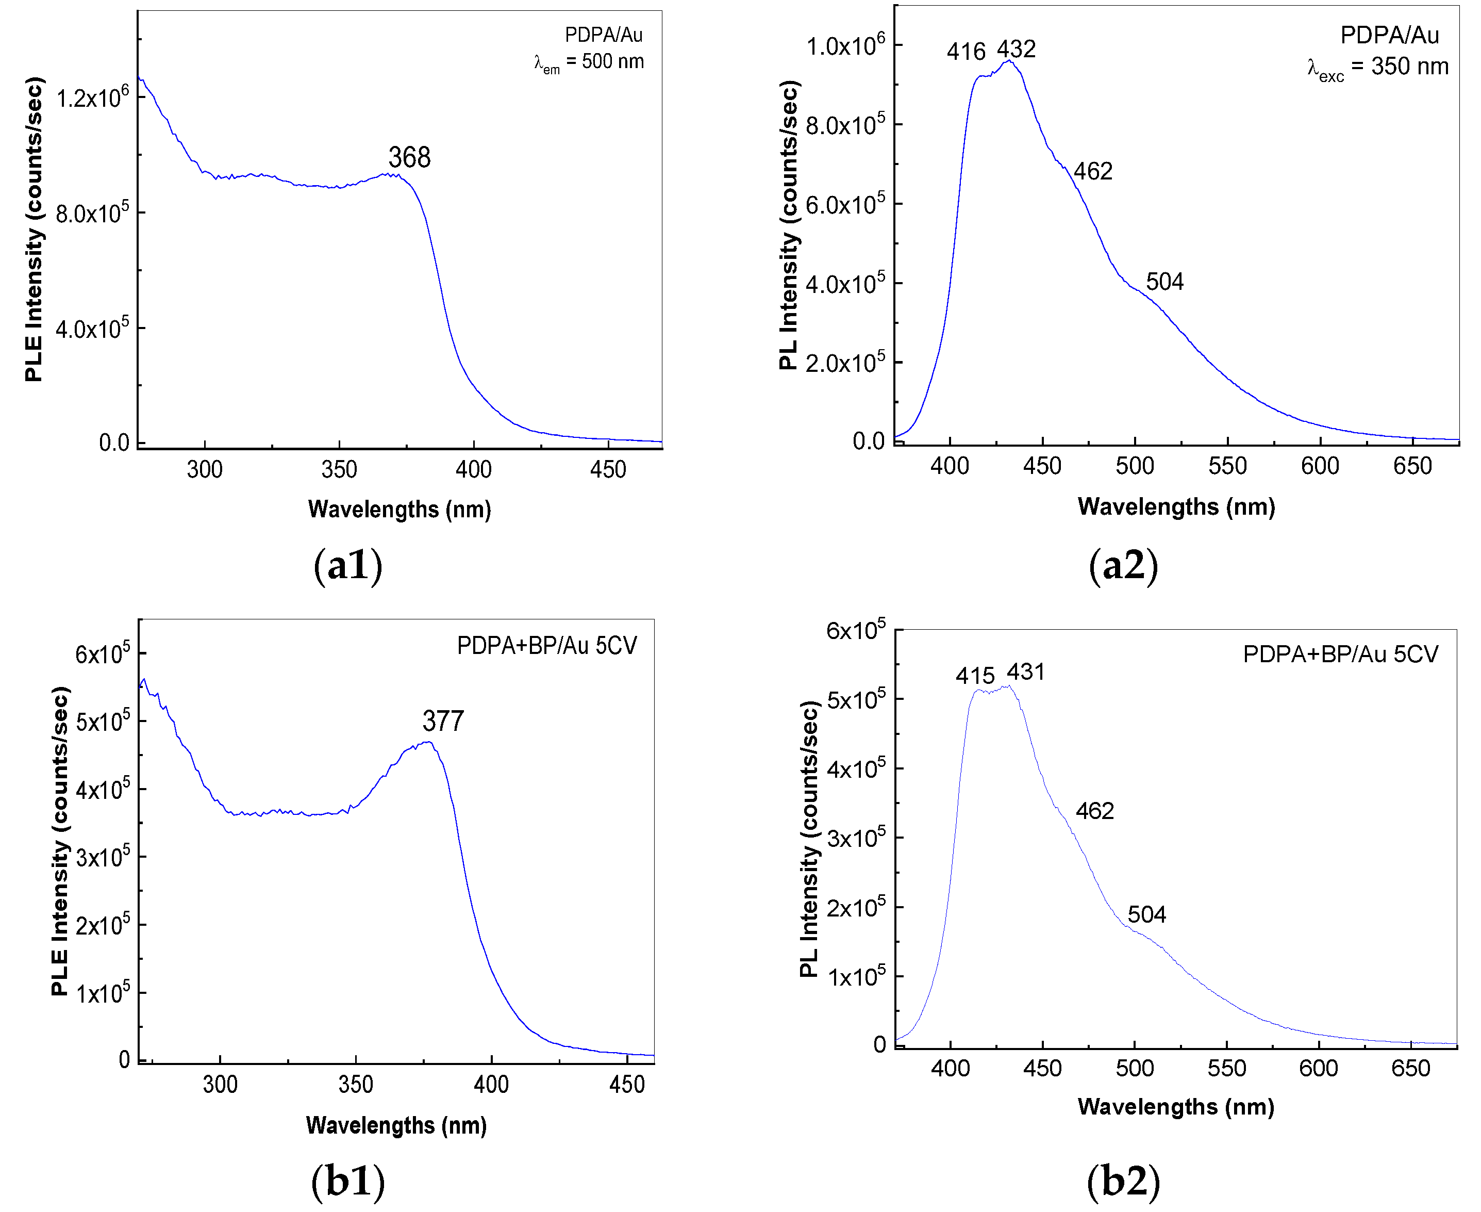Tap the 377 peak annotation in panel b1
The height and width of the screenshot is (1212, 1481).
[x=443, y=721]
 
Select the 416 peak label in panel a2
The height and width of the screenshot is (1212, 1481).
[x=966, y=51]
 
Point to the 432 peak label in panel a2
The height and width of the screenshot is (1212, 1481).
[x=1016, y=49]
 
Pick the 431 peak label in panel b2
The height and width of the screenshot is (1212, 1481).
[x=1025, y=673]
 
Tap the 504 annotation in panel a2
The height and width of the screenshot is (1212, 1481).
[x=1165, y=282]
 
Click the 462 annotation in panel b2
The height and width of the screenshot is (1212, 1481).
[x=1094, y=811]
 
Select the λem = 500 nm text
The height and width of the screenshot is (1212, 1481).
[x=588, y=62]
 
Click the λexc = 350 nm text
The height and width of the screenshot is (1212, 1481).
[x=1378, y=68]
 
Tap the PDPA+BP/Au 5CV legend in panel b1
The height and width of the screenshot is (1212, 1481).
[x=546, y=646]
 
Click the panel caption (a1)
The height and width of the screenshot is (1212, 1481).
[x=347, y=565]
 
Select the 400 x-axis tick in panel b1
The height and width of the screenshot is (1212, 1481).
[x=491, y=1084]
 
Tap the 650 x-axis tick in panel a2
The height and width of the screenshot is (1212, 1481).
[x=1412, y=466]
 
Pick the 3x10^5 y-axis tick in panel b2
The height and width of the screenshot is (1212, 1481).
[x=856, y=837]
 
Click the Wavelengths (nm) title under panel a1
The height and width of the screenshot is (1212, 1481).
[x=399, y=509]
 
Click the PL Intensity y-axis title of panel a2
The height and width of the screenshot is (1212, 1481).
[x=789, y=225]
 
